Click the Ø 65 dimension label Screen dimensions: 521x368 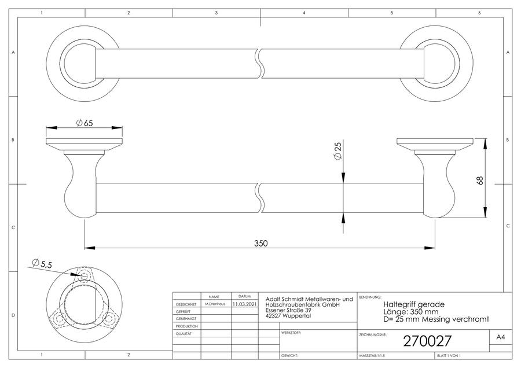(x=85, y=123)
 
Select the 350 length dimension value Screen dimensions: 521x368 (x=261, y=244)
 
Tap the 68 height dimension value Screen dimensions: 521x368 (x=480, y=181)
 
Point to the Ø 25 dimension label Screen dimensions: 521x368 (x=337, y=151)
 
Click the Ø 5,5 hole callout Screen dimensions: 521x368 (x=42, y=263)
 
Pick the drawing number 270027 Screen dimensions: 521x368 (x=427, y=341)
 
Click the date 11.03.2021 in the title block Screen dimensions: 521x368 (x=244, y=304)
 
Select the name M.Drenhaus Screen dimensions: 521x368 (x=215, y=304)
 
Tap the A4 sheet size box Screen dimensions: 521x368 (x=500, y=337)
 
